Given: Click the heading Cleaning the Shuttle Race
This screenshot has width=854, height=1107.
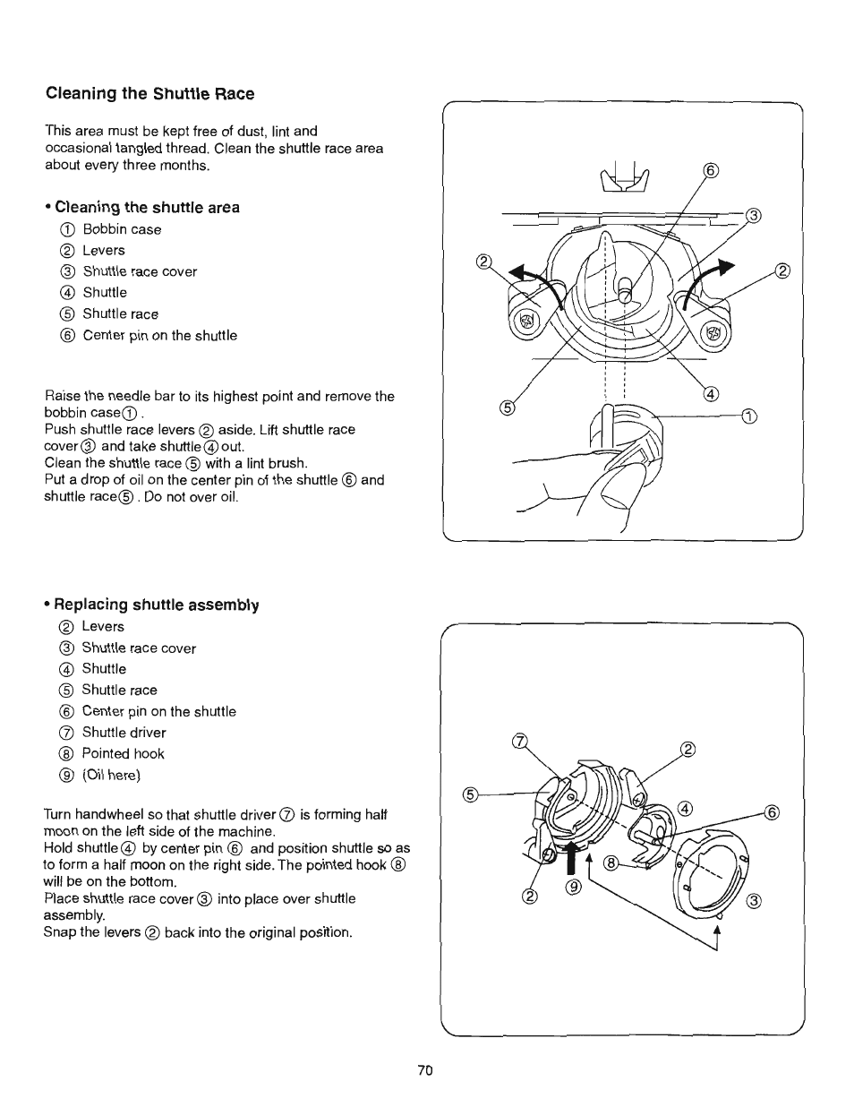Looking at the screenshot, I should pyautogui.click(x=149, y=94).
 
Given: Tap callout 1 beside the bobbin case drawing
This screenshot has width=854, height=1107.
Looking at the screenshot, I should pyautogui.click(x=749, y=415).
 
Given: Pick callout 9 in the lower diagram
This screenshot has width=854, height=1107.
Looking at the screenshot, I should pyautogui.click(x=574, y=887).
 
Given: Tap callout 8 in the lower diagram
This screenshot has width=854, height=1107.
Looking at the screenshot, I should pyautogui.click(x=612, y=863).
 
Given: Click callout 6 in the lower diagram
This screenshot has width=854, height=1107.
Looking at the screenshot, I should pyautogui.click(x=773, y=813).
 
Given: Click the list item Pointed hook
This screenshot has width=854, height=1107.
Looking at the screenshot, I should pyautogui.click(x=123, y=754).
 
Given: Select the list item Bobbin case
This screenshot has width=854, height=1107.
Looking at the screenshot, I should pyautogui.click(x=122, y=229).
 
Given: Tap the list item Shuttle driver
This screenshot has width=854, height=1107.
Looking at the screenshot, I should pyautogui.click(x=124, y=733).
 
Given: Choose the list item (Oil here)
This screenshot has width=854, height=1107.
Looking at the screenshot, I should pyautogui.click(x=111, y=776).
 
